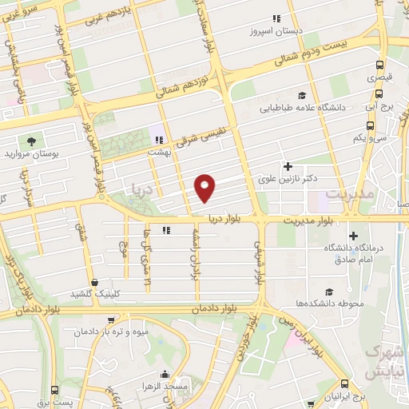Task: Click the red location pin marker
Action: [206, 187]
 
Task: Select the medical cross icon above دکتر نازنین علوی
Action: [288, 165]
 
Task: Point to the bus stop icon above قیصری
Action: [379, 66]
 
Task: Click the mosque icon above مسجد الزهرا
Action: [165, 374]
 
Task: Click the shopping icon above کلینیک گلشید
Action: [96, 282]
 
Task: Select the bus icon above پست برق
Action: [54, 390]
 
